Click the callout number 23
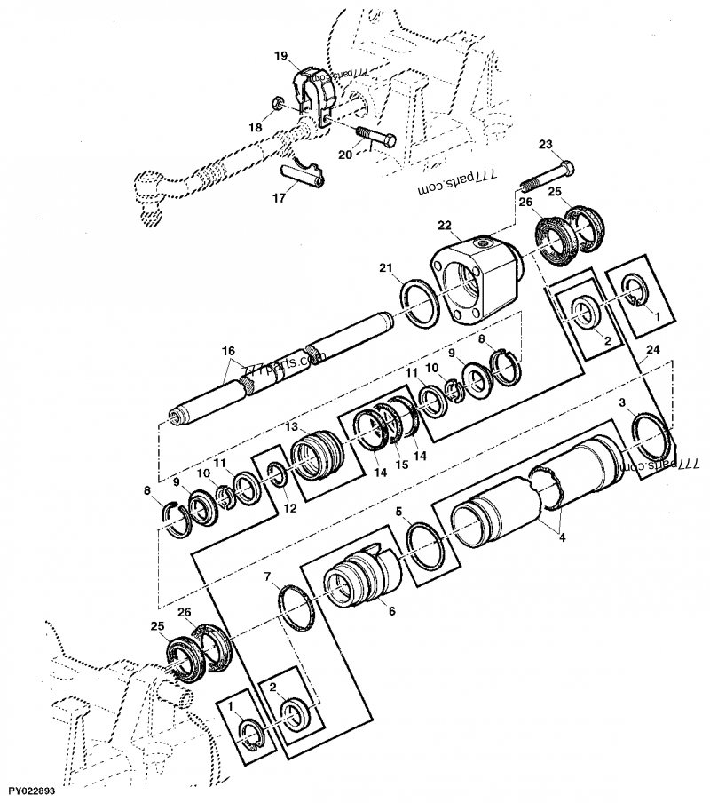coord(545,144)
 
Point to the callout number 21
coord(383,269)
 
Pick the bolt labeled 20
coord(379,139)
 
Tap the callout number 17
coord(279,198)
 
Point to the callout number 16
coord(227,352)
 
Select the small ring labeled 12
coord(277,477)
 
